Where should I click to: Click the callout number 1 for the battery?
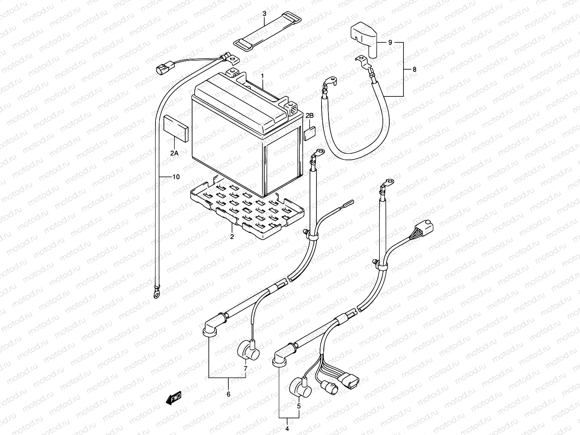point(262,76)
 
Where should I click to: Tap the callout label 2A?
point(174,153)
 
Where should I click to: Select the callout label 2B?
point(310,115)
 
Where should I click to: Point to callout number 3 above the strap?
point(265,13)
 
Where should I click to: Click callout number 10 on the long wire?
point(176,177)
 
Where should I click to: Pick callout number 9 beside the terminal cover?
point(390,42)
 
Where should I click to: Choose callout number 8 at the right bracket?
point(414,70)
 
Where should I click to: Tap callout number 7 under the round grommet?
point(245,368)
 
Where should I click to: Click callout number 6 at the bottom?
point(229,394)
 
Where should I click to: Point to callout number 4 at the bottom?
point(287,429)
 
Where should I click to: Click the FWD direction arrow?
point(174,398)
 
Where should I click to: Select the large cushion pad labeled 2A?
point(176,128)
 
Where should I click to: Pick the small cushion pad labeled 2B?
point(310,134)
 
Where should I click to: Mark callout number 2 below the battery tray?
point(232,237)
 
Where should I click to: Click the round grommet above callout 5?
point(301,388)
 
